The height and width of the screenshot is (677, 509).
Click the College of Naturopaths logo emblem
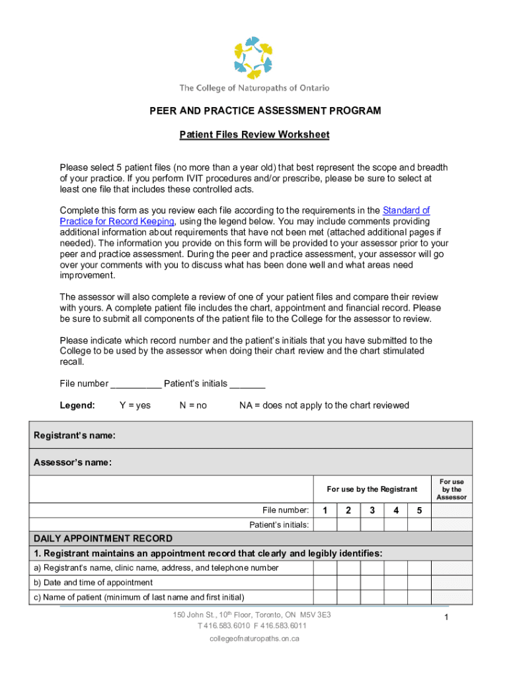click(254, 58)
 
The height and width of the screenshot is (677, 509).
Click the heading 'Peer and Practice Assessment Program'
click(264, 110)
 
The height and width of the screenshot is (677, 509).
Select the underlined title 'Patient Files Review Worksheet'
click(255, 135)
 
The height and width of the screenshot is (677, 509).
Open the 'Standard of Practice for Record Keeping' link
click(117, 221)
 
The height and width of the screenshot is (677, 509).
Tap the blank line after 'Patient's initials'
click(248, 384)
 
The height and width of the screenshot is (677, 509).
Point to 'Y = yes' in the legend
click(135, 405)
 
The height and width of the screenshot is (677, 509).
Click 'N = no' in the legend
click(193, 405)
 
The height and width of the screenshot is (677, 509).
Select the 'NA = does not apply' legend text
click(324, 405)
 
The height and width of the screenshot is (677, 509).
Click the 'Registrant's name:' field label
click(75, 435)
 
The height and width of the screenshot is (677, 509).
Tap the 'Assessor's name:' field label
click(73, 463)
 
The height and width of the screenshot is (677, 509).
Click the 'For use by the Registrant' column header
click(372, 489)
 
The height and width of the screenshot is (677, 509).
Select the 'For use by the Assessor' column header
click(451, 489)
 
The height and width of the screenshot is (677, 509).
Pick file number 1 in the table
click(325, 510)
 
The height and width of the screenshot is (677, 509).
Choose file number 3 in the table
click(372, 510)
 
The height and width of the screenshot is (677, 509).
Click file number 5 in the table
click(418, 510)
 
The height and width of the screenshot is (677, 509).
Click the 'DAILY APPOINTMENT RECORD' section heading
click(103, 539)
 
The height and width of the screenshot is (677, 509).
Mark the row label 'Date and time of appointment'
click(93, 582)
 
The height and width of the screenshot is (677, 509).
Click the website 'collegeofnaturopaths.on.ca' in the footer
click(255, 639)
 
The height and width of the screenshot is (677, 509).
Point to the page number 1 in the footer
click(447, 617)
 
